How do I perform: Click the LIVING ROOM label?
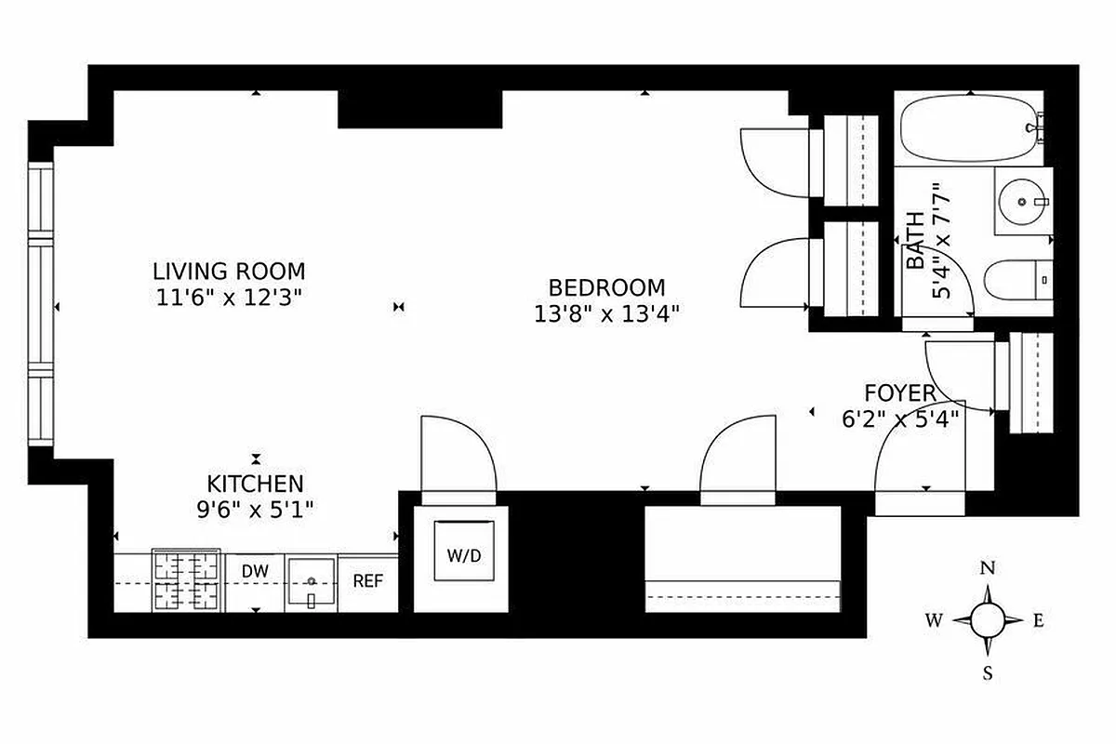click(x=229, y=272)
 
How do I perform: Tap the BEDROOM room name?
click(x=606, y=287)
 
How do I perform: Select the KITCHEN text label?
click(x=255, y=484)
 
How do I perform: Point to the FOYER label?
click(x=899, y=393)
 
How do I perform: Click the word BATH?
click(x=916, y=241)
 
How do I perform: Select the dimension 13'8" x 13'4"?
click(x=606, y=313)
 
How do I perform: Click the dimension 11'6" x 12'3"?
click(x=229, y=298)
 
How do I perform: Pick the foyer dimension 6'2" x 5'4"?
click(x=898, y=418)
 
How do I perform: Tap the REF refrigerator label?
click(x=368, y=581)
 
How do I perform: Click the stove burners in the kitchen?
click(x=187, y=581)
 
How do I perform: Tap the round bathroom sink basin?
click(x=1022, y=200)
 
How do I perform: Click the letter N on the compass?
click(x=989, y=568)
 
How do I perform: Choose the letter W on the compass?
click(x=932, y=620)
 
